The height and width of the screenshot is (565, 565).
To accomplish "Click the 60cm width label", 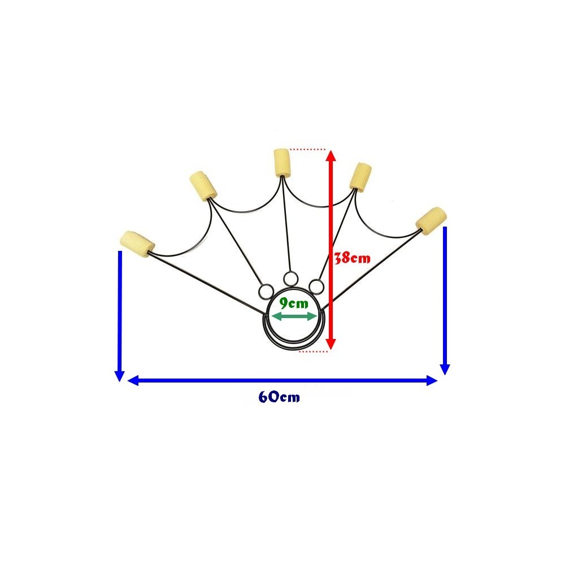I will click(x=279, y=397).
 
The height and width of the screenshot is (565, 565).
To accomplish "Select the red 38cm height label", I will click(x=353, y=258).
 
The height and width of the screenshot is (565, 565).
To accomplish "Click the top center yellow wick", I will click(x=281, y=162).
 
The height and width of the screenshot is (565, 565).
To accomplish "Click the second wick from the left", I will click(x=203, y=186).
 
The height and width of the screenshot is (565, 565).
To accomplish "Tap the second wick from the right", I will click(x=360, y=176).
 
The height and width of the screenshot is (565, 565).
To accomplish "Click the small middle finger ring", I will click(x=291, y=278).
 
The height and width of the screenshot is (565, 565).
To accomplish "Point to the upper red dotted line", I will click(x=308, y=149).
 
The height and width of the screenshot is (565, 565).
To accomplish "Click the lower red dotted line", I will click(x=314, y=351).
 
